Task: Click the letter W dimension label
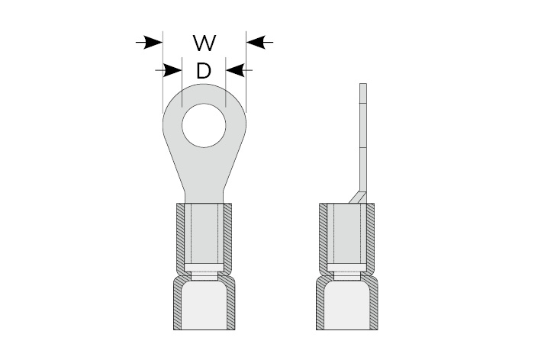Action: click(204, 43)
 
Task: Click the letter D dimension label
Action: click(204, 71)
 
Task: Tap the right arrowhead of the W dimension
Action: click(256, 43)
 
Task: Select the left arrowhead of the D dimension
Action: click(172, 70)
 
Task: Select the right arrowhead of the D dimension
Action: click(235, 70)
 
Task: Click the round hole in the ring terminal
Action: click(204, 126)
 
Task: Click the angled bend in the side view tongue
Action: click(358, 198)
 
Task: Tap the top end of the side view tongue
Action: click(363, 83)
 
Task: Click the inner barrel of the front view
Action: click(204, 234)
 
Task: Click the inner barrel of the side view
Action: click(346, 234)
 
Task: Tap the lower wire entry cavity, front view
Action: click(204, 305)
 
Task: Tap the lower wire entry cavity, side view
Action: click(346, 305)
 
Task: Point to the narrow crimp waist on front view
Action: click(204, 276)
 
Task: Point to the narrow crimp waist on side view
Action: click(346, 276)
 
